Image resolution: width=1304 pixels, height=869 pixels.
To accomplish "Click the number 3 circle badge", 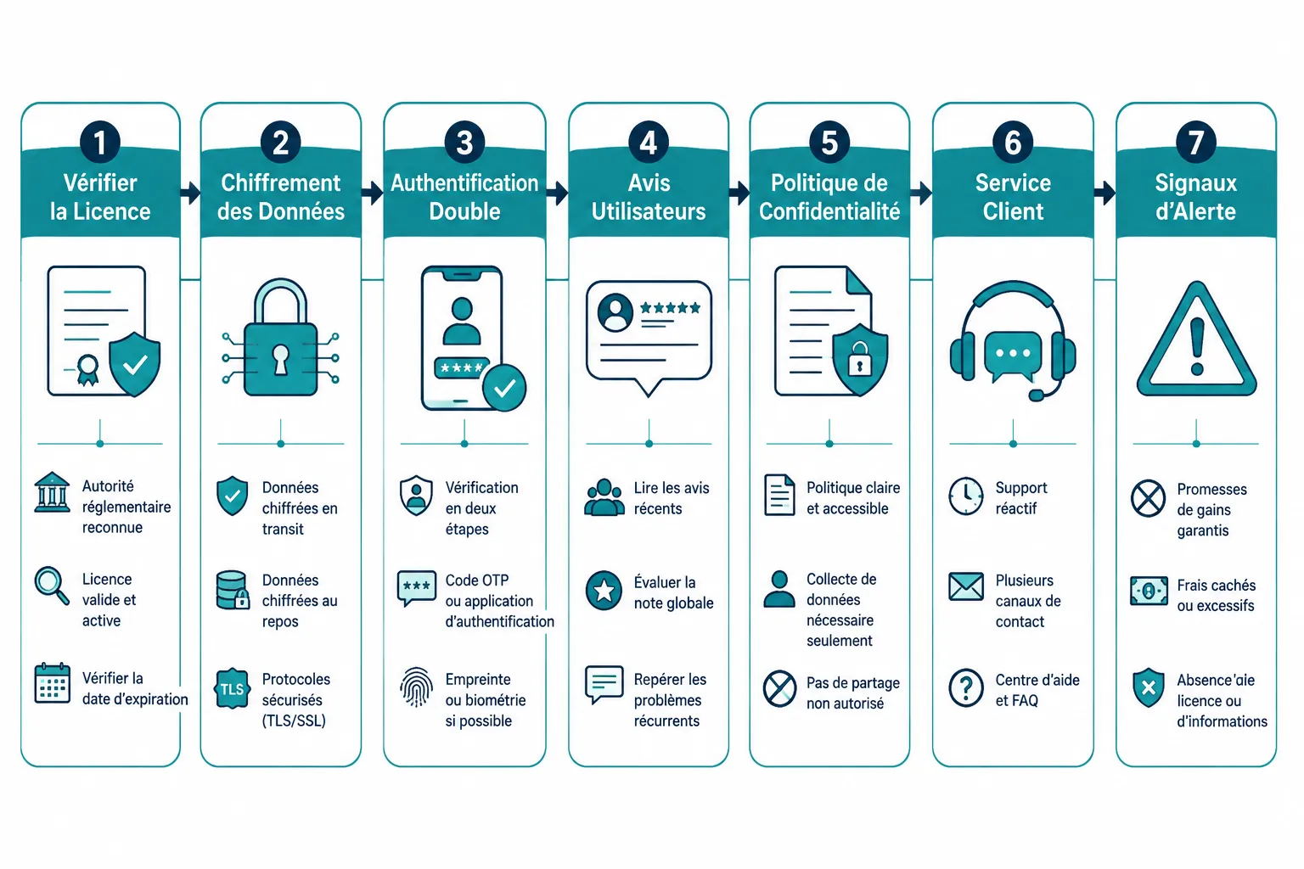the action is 464,142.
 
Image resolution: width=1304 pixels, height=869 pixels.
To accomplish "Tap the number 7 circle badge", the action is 1195,142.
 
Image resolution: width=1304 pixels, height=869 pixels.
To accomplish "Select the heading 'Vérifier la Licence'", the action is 100,197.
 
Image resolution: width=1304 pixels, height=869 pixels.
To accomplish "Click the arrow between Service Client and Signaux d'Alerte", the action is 1104,193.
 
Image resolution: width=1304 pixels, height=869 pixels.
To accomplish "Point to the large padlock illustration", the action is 281,338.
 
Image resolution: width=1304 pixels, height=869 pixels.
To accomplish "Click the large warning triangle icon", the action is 1196,339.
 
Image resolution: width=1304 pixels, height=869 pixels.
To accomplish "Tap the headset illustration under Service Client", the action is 1013,340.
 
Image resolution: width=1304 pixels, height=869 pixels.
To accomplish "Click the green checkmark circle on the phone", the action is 504,388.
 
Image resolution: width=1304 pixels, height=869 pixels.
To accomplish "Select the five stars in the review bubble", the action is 670,308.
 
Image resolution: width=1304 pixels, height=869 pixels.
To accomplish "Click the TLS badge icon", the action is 233,688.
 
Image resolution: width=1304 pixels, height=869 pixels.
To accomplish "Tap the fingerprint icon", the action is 416,687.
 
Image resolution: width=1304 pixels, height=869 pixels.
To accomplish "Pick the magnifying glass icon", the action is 52,586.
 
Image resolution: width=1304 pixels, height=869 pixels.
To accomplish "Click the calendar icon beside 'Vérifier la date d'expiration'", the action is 53,683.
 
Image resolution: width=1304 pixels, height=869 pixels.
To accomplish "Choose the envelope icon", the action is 966,586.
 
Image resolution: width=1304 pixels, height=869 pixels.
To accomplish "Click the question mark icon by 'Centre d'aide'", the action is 966,687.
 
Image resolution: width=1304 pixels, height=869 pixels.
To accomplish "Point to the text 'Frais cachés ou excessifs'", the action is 1216,595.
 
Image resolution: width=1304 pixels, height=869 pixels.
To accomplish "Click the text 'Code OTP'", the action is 477,580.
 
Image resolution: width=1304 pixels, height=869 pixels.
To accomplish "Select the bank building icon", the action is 52,492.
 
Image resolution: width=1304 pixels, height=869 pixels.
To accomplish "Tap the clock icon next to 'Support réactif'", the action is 966,496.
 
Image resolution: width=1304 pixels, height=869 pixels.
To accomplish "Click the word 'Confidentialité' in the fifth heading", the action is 829,211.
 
